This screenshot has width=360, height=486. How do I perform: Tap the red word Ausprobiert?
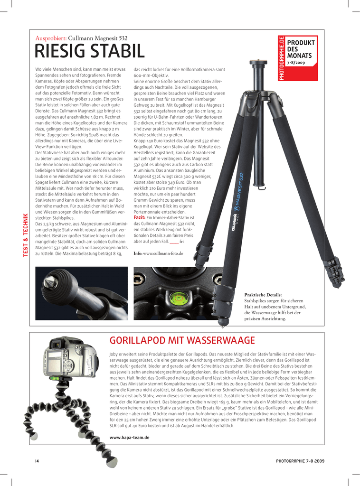coord(51,38)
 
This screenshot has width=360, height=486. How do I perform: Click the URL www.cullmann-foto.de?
coord(163,253)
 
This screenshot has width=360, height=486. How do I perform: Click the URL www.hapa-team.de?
coord(129,437)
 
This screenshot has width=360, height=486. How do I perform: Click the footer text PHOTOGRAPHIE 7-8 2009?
coord(300,461)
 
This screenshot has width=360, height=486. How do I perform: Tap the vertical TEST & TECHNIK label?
coord(26,236)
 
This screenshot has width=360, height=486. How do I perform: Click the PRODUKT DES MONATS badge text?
coord(301,49)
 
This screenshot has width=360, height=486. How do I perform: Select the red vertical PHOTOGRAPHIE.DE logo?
coord(282,58)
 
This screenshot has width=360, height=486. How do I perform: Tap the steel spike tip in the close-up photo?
coord(49,282)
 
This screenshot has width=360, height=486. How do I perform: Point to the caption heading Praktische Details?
coord(263,295)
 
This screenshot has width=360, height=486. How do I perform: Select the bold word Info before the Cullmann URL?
coord(138,253)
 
